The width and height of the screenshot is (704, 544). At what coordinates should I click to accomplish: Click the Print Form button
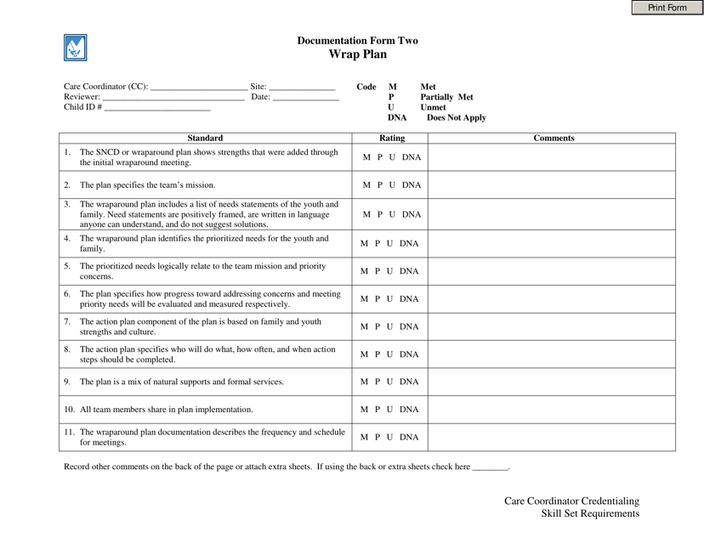(x=667, y=8)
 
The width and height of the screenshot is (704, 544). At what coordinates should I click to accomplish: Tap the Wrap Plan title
(x=357, y=54)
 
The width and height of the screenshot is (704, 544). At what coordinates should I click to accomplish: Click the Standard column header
(x=205, y=138)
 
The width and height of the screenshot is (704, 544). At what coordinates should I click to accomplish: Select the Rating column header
(x=392, y=138)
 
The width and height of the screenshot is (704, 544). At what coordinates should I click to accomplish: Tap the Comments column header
(x=553, y=138)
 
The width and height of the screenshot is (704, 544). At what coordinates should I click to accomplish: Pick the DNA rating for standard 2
(x=412, y=184)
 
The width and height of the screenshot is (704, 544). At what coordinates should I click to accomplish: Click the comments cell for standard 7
(x=553, y=326)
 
